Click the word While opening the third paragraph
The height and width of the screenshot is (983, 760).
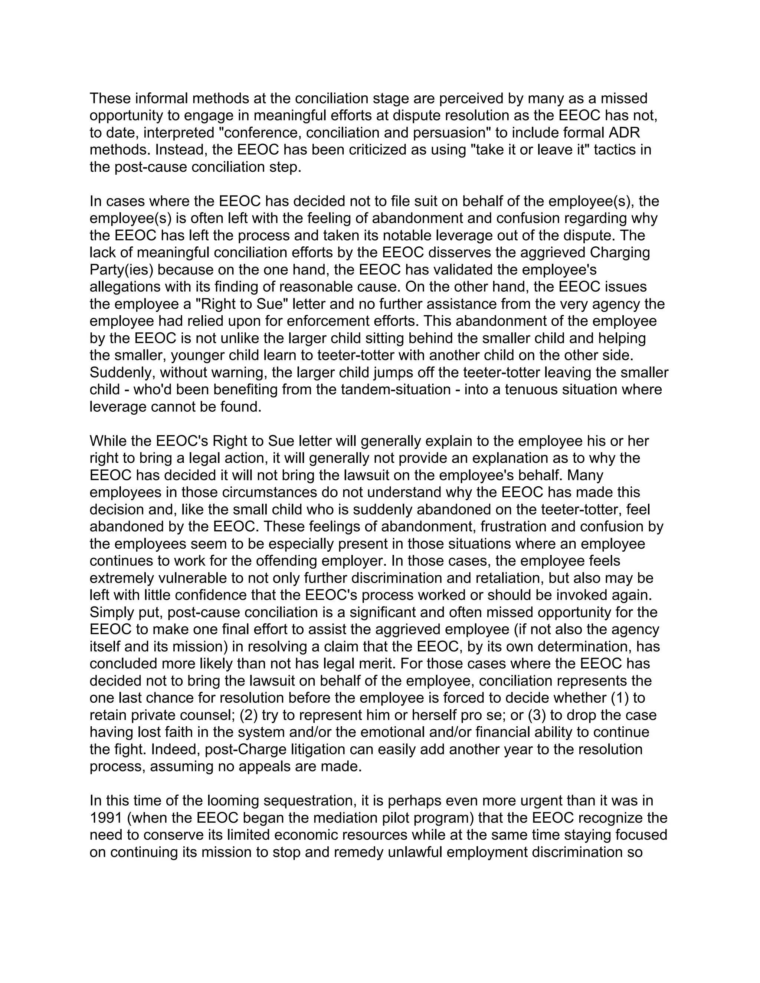(108, 441)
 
